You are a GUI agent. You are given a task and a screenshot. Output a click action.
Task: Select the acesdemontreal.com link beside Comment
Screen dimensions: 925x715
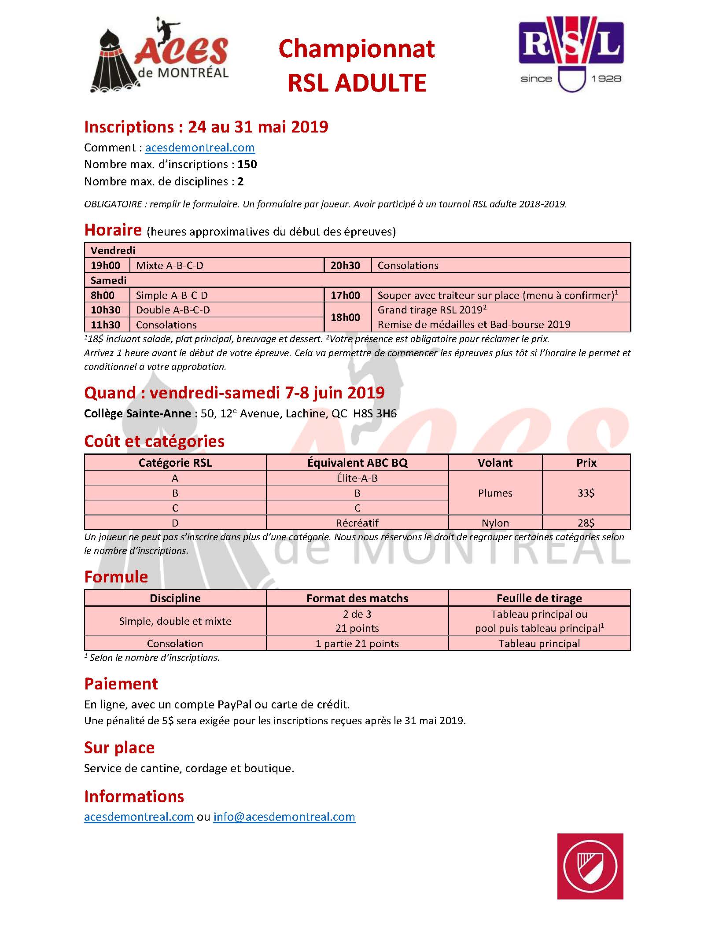(x=200, y=148)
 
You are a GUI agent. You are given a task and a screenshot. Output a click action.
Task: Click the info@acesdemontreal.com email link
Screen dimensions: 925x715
(x=284, y=817)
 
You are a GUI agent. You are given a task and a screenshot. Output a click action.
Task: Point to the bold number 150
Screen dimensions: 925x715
(x=247, y=165)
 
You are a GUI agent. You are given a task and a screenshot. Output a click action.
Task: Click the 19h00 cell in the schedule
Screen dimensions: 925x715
(x=106, y=265)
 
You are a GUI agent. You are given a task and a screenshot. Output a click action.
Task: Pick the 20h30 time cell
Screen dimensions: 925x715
(x=345, y=265)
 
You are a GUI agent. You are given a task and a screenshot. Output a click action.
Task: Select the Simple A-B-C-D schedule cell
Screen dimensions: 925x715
(x=172, y=295)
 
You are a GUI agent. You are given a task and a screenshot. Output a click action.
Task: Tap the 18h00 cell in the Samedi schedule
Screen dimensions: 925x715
(x=345, y=317)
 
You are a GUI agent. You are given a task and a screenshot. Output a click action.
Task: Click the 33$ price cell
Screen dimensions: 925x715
(x=586, y=493)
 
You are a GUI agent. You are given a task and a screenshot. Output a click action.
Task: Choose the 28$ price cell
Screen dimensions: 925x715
(x=586, y=523)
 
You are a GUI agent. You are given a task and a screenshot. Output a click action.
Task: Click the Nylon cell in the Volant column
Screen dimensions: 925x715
(x=495, y=523)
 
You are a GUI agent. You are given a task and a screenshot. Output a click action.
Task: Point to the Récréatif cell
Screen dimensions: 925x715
(x=357, y=523)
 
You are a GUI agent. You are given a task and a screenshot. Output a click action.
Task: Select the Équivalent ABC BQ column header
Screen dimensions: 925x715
(x=357, y=463)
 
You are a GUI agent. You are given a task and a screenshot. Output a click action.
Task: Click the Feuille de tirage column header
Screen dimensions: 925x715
(x=539, y=598)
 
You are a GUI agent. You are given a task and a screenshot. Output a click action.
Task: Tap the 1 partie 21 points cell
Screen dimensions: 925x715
(x=357, y=644)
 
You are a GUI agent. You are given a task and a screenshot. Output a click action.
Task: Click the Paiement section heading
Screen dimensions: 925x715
(x=121, y=684)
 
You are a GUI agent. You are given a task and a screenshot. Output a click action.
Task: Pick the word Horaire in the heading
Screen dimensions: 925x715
(x=113, y=230)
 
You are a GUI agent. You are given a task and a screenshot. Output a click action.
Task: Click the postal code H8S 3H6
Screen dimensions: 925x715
(x=375, y=414)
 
